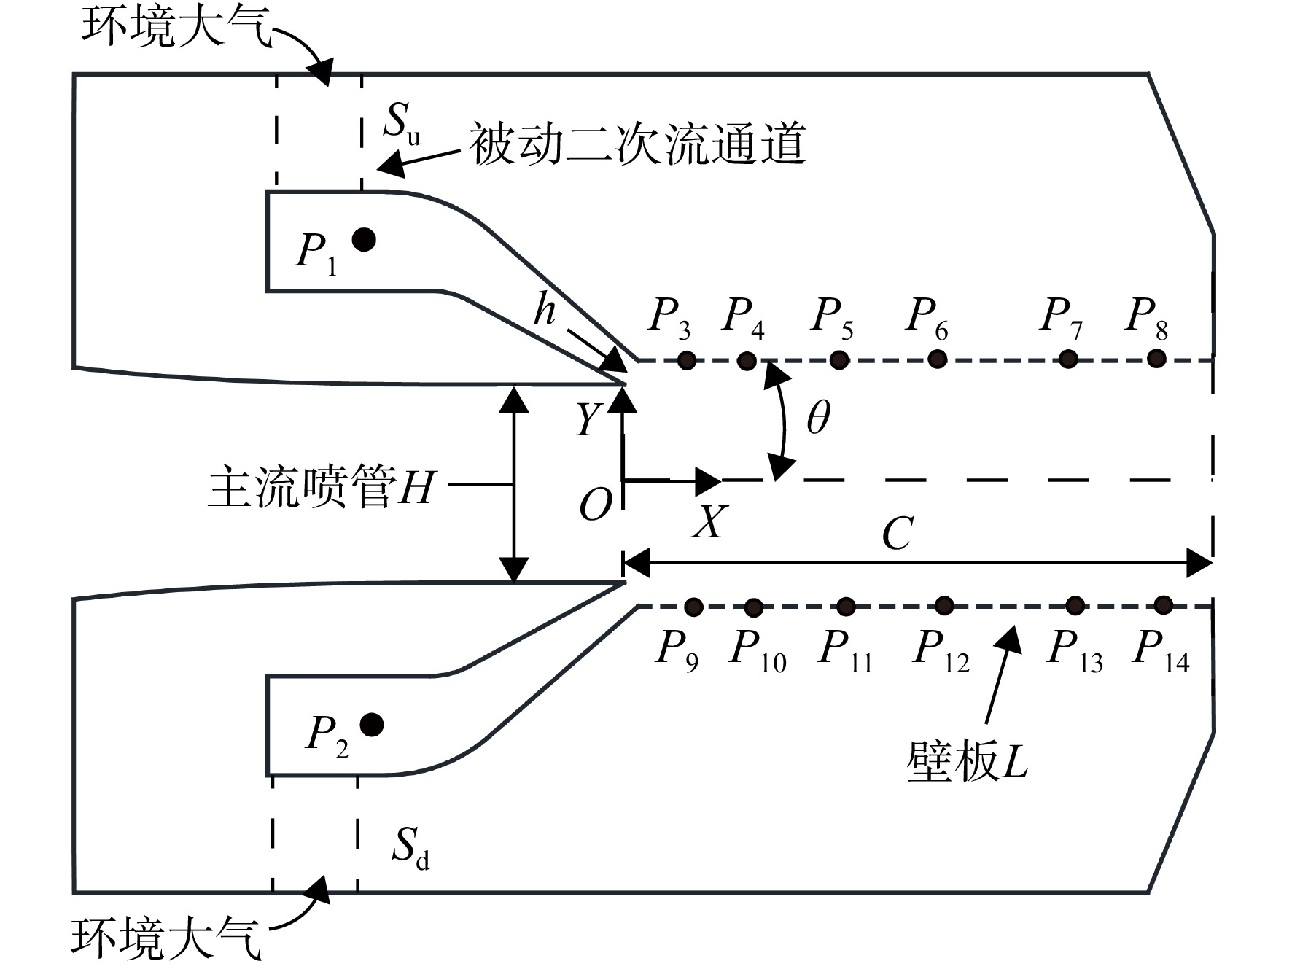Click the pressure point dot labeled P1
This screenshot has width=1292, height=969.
(x=364, y=239)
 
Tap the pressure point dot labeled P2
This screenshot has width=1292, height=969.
(x=372, y=724)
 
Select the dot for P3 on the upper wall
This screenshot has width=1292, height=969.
(x=686, y=359)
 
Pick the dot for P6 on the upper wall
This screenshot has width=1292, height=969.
(x=938, y=359)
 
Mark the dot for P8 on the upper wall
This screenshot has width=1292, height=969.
(x=1156, y=358)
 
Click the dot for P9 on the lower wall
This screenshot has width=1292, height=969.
(x=694, y=607)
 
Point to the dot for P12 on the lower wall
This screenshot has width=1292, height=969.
(x=944, y=605)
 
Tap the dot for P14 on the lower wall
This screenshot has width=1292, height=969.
(x=1164, y=604)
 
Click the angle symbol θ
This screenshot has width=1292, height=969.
(x=818, y=419)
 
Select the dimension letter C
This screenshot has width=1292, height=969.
(x=898, y=534)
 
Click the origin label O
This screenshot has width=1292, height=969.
(x=596, y=505)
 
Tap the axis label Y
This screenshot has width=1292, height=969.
(x=588, y=420)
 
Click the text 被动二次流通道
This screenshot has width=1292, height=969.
(x=637, y=144)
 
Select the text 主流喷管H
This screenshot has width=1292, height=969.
(x=322, y=488)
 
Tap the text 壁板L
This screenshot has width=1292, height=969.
(x=967, y=763)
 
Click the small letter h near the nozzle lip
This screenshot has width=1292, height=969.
(x=544, y=309)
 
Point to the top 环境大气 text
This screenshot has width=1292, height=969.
(x=176, y=28)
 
